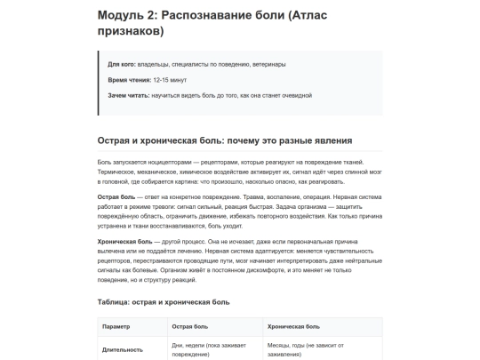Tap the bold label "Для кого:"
tap(122, 65)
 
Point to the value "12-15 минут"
tap(169, 80)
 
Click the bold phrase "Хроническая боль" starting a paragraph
tap(123, 241)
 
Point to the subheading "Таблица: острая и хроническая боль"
tap(164, 302)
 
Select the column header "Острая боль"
tap(189, 327)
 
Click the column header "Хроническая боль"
tap(292, 327)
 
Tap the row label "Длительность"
tap(123, 349)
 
